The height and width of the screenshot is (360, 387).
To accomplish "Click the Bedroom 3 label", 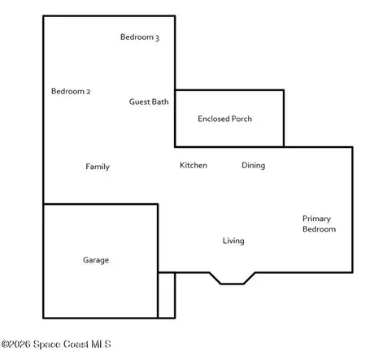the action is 140,37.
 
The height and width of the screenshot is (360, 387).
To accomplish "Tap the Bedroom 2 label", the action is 71,91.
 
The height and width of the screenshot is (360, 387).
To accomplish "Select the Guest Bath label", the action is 149,102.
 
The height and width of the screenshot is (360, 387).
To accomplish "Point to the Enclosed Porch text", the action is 224,119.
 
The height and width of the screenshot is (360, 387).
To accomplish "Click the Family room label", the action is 98,167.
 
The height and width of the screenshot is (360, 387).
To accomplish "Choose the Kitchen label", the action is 193,165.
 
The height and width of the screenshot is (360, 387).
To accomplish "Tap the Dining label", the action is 254,166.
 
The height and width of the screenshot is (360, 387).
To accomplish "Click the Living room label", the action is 233,241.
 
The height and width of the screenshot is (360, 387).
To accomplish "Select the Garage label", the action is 96,260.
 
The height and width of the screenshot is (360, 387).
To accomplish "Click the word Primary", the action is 316,219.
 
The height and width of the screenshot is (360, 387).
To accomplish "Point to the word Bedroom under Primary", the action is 320,229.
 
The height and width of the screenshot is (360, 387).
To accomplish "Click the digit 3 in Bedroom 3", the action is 157,37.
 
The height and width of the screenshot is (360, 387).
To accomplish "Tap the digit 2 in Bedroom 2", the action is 88,92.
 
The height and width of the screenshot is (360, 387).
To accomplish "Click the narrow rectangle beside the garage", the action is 167,295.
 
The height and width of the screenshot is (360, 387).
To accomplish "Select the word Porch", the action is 241,119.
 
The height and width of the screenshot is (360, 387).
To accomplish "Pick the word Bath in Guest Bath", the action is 160,102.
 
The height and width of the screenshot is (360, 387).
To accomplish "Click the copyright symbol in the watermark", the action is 5,345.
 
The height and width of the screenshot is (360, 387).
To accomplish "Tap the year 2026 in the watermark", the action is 20,345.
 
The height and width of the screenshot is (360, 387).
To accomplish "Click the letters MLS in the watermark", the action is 102,345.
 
